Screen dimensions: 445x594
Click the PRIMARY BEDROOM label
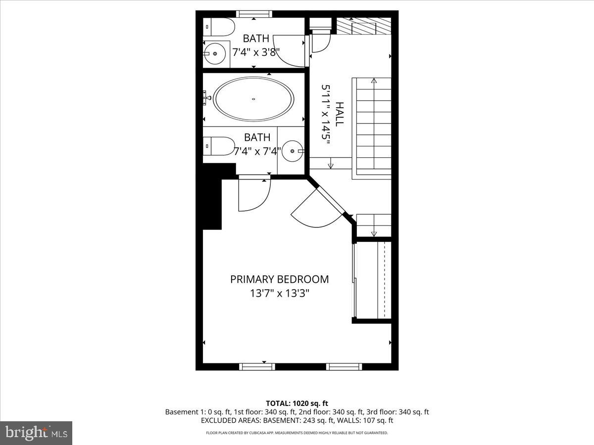coord(279,279)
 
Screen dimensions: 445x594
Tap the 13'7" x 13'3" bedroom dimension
coord(279,293)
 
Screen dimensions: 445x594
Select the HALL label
coord(340,114)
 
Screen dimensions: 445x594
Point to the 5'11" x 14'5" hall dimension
coord(326,114)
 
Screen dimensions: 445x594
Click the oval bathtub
coord(253,99)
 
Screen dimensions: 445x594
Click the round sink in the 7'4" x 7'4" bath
coord(294,150)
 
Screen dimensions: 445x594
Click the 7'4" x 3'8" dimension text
coord(256,51)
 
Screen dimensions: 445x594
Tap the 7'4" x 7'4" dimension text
coord(257,151)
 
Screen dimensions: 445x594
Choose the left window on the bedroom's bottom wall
coord(257,366)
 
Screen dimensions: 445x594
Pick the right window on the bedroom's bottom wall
coord(344,366)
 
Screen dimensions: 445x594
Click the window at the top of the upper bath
coord(253,14)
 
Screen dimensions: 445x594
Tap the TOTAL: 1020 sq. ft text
coord(297,403)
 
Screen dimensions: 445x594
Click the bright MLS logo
coord(36,433)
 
